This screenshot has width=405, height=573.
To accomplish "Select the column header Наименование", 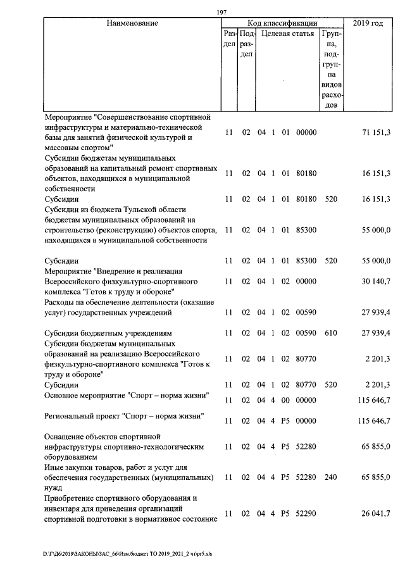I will coord(132,23).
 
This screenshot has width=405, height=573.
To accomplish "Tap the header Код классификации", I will coord(282,23).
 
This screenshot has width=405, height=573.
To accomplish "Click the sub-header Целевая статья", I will coord(287,34).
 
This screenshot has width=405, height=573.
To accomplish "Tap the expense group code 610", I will coord(330,332).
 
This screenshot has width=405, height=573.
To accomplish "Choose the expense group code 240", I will coord(330,477).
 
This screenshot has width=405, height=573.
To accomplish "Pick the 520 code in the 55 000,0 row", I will coord(330,260).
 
